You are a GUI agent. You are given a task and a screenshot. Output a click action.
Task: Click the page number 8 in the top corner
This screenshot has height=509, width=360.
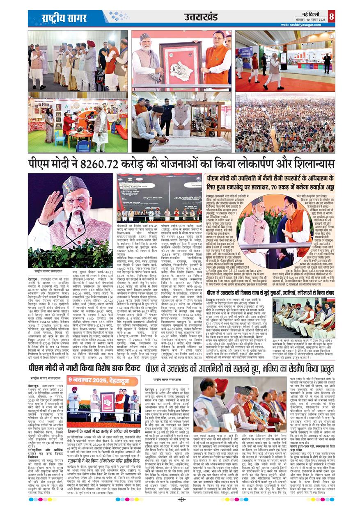(331, 16)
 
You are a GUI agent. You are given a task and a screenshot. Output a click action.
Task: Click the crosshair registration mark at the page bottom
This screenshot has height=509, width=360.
(181, 500)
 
